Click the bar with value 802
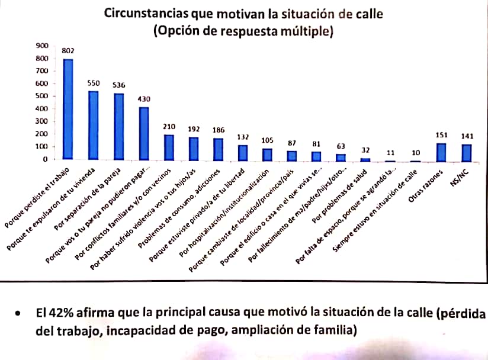point(68,109)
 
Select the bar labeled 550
point(94,125)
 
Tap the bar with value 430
point(144,133)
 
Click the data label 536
point(119,85)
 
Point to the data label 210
point(169,127)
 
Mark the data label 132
point(243,137)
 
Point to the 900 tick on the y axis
point(41,46)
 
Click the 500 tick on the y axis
point(41,96)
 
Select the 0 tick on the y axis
point(44,159)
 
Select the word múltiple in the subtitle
point(303,31)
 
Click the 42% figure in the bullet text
point(62,313)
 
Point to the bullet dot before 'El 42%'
point(21,314)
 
